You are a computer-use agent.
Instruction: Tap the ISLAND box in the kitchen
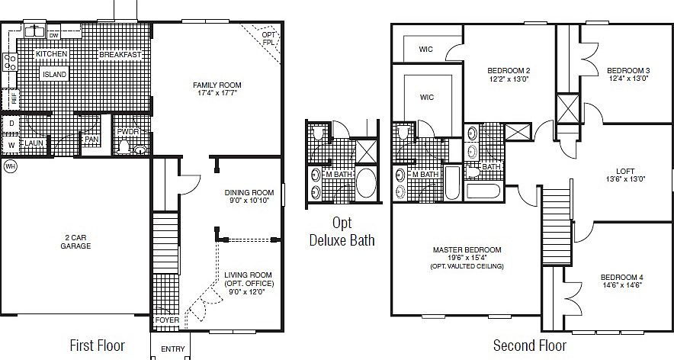54,74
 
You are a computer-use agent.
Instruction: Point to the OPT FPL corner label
268,38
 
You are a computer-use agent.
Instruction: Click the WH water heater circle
10,166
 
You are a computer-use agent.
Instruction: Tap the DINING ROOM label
249,192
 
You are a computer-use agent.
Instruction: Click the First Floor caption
97,345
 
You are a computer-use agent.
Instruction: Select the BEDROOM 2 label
509,71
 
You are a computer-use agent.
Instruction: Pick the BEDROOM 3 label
627,71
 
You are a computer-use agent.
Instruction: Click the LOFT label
624,171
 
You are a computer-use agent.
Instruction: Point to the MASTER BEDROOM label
467,249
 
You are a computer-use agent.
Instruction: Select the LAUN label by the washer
33,143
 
